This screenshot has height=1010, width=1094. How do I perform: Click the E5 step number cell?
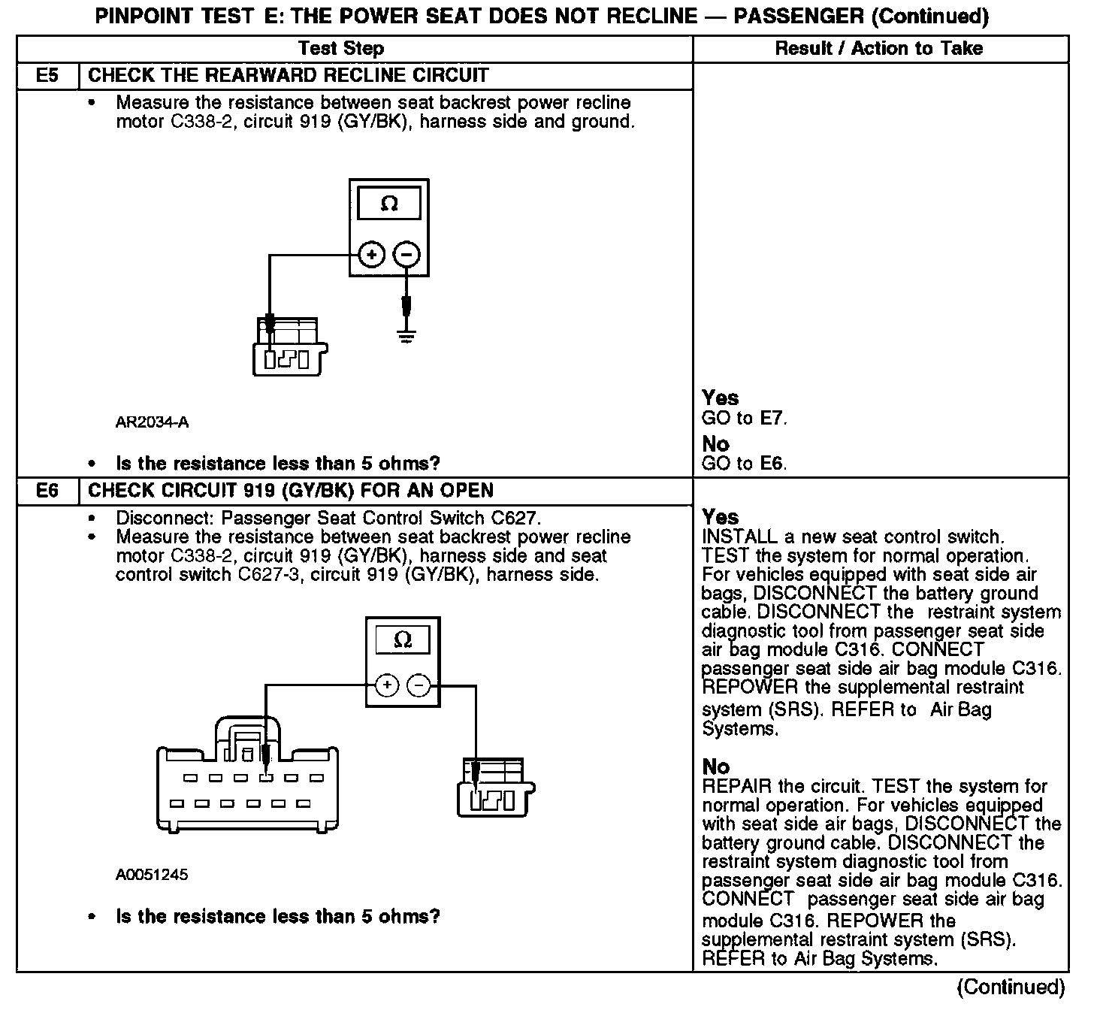[x=47, y=76]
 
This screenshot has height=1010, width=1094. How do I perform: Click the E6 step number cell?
[x=47, y=491]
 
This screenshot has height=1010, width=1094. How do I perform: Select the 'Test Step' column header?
[x=340, y=49]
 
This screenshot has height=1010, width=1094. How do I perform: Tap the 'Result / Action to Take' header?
[x=878, y=49]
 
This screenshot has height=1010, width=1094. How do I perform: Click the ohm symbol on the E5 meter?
[x=389, y=204]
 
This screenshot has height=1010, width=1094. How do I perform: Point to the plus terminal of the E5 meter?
[x=371, y=256]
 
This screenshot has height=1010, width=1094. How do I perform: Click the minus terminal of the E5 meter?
[x=406, y=256]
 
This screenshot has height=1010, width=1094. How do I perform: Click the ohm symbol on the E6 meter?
[x=403, y=640]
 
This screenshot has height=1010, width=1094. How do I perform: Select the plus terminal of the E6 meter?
[x=386, y=685]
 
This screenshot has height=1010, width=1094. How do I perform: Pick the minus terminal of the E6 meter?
[x=419, y=685]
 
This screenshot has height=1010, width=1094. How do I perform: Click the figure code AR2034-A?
[x=152, y=422]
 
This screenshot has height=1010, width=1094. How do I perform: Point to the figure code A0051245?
[x=152, y=875]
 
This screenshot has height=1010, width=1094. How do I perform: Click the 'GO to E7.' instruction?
[x=744, y=419]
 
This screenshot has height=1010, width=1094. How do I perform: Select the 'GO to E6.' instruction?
[x=744, y=464]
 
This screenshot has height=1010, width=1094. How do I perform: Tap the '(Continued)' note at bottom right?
[x=1011, y=987]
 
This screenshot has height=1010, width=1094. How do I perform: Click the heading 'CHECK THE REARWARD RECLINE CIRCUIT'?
[x=289, y=76]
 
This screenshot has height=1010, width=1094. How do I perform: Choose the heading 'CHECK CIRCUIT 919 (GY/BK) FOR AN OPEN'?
[x=291, y=491]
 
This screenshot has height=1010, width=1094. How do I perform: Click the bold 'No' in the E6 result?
[x=715, y=767]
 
